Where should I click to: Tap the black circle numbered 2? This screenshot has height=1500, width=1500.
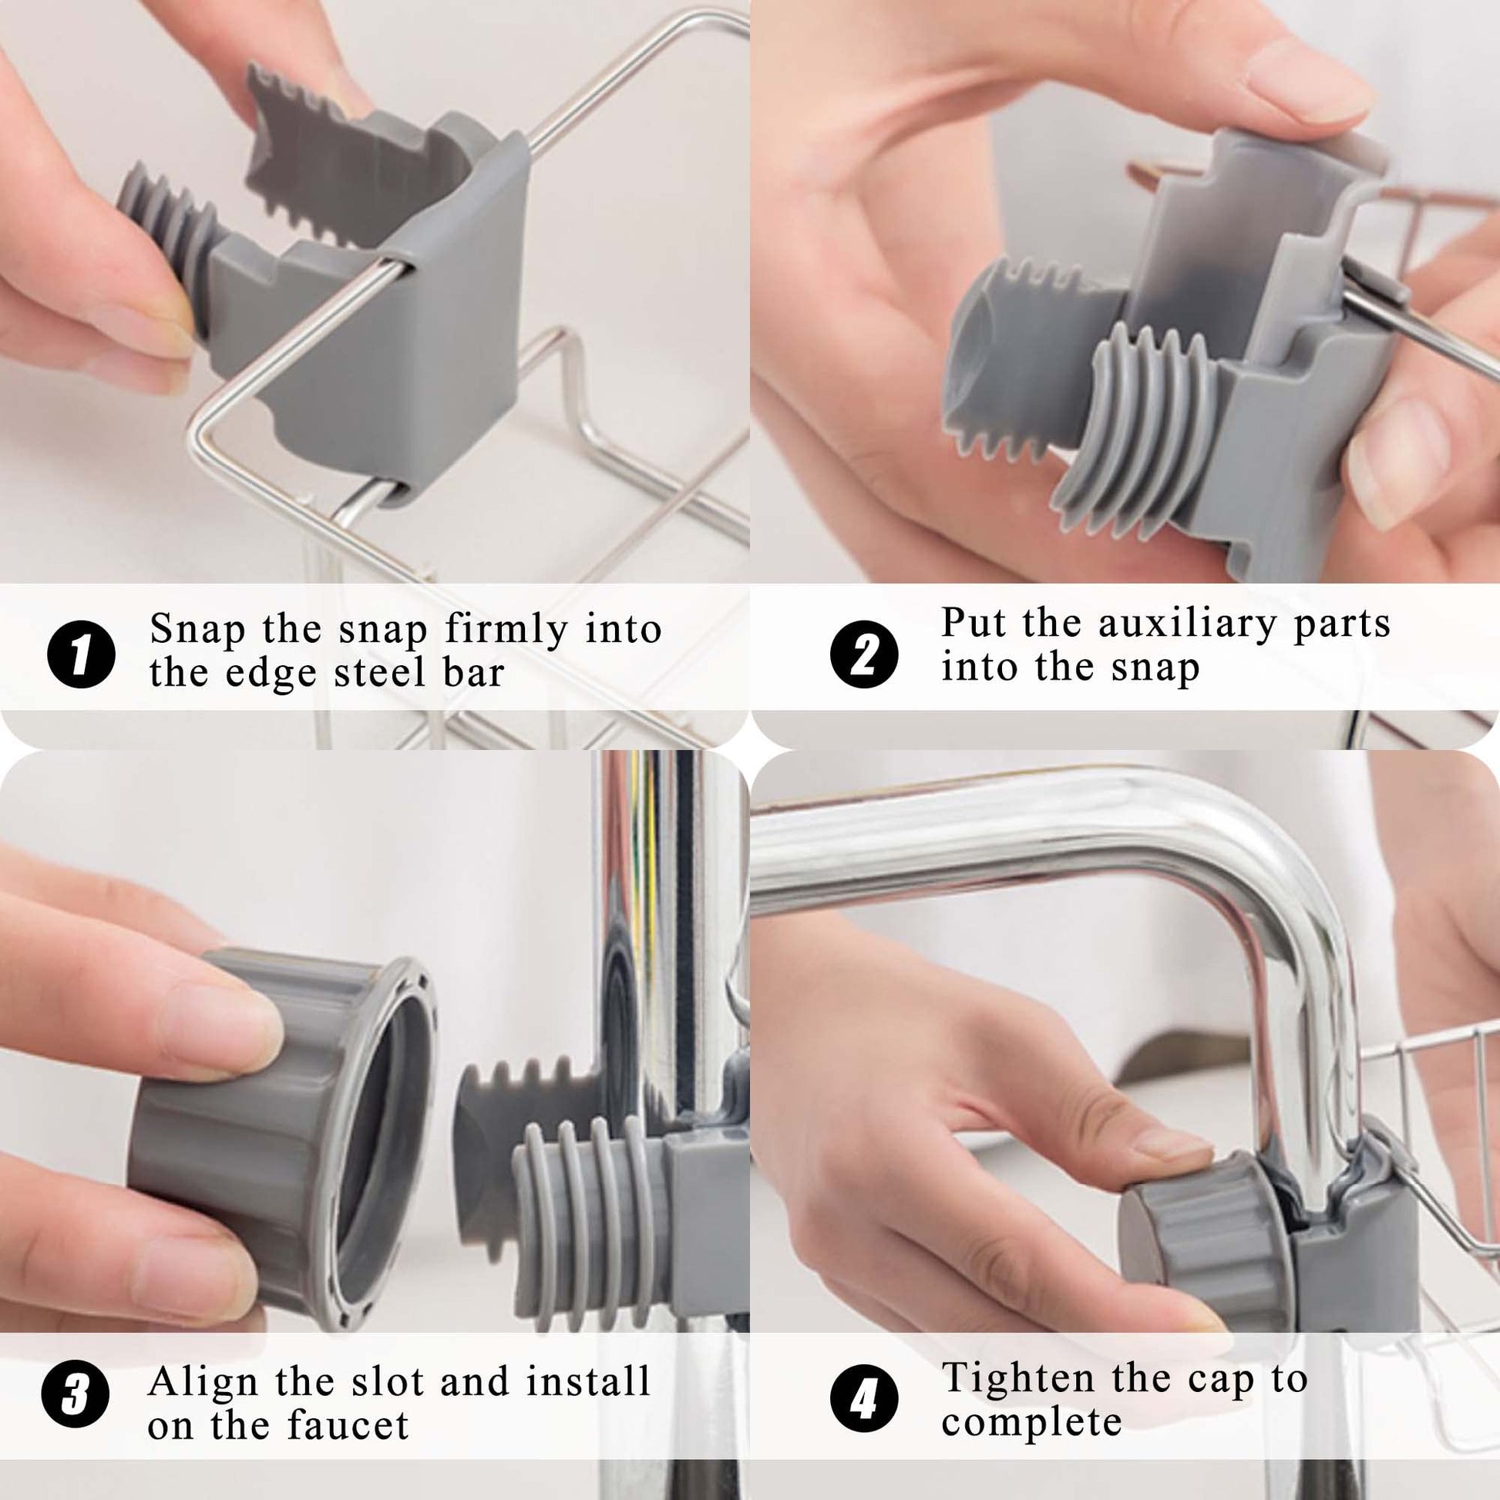864,654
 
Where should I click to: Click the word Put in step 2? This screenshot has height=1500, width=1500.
974,624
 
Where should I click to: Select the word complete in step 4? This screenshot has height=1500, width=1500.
1032,1423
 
